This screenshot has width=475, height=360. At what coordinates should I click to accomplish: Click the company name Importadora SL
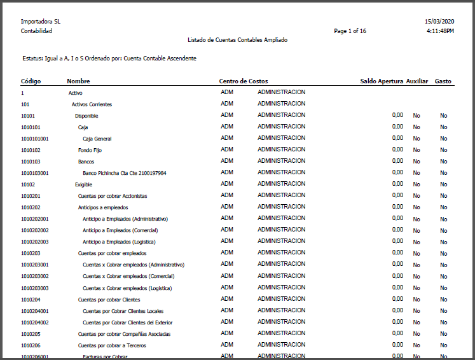[x=41, y=22]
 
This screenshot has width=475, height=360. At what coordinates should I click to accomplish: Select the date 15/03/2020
[x=439, y=22]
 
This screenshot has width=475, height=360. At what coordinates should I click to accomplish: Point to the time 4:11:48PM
[x=440, y=31]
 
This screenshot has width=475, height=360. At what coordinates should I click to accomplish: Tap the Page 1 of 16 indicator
[x=350, y=31]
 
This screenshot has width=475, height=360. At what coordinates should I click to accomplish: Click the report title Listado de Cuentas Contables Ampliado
[x=237, y=40]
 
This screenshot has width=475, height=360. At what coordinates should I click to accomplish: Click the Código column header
[x=31, y=81]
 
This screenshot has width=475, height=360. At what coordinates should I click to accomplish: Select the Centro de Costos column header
[x=244, y=81]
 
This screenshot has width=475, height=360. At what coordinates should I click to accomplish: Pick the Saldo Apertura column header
[x=381, y=81]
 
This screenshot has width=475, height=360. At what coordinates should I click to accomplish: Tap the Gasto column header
[x=443, y=81]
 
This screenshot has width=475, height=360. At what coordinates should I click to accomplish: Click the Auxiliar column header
[x=417, y=81]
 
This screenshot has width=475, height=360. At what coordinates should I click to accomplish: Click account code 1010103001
[x=35, y=172]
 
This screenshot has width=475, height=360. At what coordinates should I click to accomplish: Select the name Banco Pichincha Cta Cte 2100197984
[x=125, y=172]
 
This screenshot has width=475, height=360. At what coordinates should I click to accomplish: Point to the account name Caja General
[x=97, y=138]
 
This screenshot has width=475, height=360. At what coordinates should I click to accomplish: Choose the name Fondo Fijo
[x=90, y=150]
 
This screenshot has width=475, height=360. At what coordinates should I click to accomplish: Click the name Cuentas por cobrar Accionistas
[x=113, y=196]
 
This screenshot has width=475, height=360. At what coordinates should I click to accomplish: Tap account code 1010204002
[x=35, y=322]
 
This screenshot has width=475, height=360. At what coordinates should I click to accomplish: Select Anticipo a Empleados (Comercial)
[x=120, y=230]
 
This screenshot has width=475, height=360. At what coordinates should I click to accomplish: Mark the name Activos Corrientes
[x=92, y=104]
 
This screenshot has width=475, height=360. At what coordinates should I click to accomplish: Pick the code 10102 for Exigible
[x=29, y=184]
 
